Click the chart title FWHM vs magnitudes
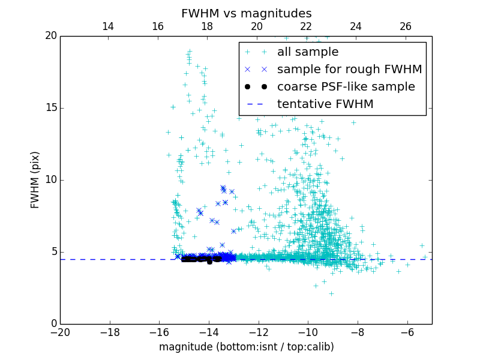click(x=246, y=13)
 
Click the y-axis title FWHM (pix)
click(x=35, y=180)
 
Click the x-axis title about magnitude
click(x=246, y=347)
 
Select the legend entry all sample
click(x=308, y=52)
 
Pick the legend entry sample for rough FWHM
click(x=349, y=70)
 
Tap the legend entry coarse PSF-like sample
click(x=346, y=87)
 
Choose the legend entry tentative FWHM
click(x=325, y=104)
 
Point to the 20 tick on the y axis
click(x=50, y=36)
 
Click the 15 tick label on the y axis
click(x=50, y=108)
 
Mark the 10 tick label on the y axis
click(x=50, y=180)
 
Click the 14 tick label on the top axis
click(x=108, y=26)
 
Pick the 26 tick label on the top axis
click(x=406, y=26)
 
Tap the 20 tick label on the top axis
click(x=257, y=26)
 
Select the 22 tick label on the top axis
click(x=306, y=26)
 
